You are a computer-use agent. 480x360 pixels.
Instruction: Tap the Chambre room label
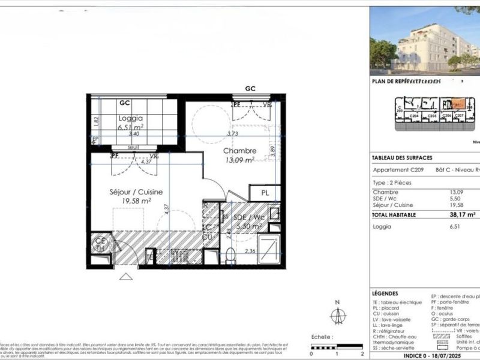240,151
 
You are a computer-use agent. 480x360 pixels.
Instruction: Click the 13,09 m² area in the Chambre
240,160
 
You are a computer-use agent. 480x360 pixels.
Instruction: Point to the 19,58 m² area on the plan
132,202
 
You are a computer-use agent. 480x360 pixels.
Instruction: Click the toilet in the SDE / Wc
231,257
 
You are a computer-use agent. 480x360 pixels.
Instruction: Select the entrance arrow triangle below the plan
126,276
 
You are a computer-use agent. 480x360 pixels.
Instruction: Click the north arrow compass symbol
338,314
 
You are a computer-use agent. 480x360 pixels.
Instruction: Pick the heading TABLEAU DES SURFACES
402,158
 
